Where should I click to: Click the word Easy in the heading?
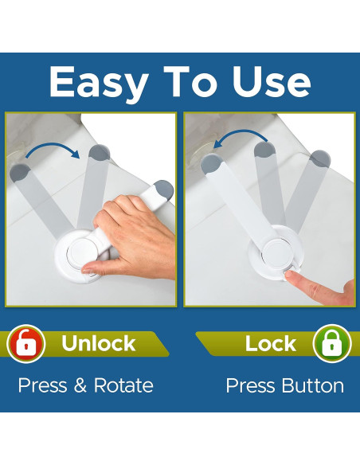(99, 84)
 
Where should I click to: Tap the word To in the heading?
(190, 81)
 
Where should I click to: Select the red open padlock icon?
(25, 343)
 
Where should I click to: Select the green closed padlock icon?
(332, 343)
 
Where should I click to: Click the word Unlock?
(99, 343)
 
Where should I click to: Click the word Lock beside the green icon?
(271, 343)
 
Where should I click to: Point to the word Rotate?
(123, 385)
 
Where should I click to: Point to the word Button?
(313, 385)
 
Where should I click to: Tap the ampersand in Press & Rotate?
(80, 385)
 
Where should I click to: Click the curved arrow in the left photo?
(53, 147)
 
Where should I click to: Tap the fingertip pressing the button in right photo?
(290, 275)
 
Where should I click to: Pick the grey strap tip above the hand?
(163, 190)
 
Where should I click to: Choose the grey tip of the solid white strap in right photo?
(211, 164)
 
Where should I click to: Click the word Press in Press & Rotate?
(42, 385)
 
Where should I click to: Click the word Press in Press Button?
(250, 385)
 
